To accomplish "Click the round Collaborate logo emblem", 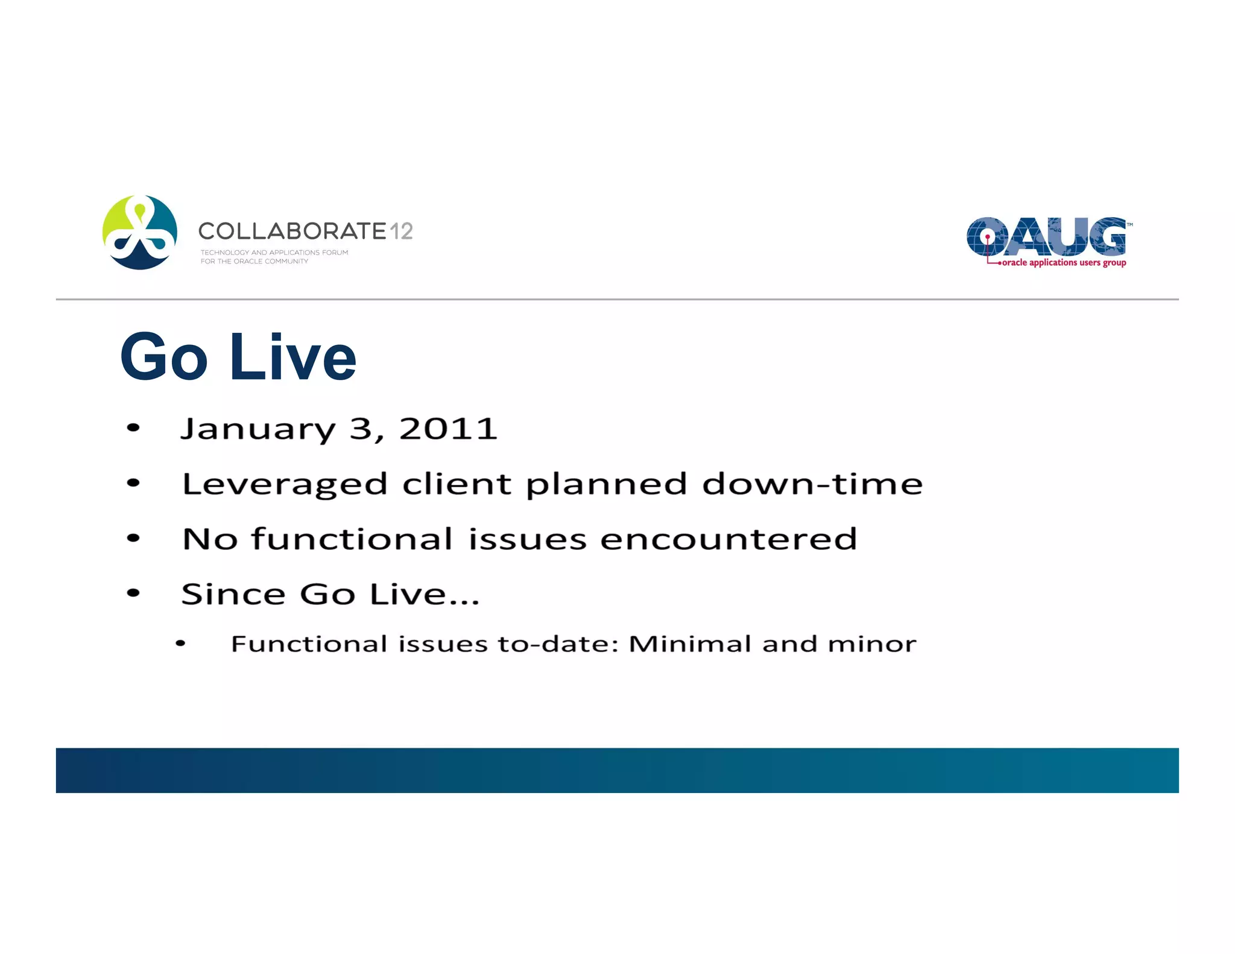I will click(140, 232).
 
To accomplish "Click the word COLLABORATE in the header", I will click(292, 231).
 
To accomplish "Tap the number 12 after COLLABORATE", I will click(401, 231).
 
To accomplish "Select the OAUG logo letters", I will click(1046, 236).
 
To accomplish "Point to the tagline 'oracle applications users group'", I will click(1063, 262).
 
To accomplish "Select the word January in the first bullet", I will click(257, 429).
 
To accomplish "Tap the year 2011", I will click(448, 429).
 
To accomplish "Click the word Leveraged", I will click(285, 484).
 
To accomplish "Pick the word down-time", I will click(812, 484).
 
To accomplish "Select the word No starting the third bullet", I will click(210, 539).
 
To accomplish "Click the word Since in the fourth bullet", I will click(233, 594).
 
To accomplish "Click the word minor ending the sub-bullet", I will click(872, 644).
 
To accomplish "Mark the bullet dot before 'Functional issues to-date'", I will click(180, 644).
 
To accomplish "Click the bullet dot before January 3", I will click(133, 428).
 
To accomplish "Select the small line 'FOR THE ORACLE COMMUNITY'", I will click(254, 262).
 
